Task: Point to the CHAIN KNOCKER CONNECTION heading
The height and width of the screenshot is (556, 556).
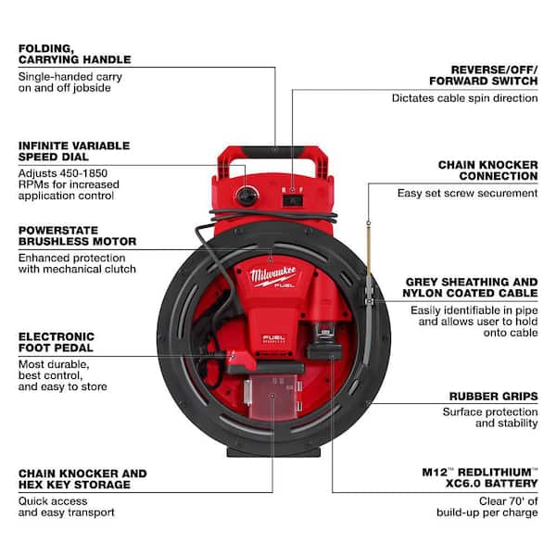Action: point(487,171)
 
